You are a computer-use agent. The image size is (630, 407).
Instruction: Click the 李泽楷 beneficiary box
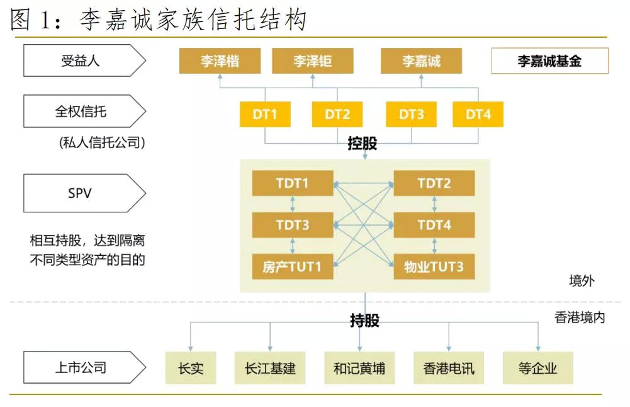pos(220,62)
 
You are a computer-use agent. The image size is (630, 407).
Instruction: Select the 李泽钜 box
pos(312,62)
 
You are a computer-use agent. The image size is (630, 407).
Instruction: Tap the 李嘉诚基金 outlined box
pos(549,62)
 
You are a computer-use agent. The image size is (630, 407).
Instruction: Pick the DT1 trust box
pos(265,115)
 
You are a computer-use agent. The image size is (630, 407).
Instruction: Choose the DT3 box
pos(412,115)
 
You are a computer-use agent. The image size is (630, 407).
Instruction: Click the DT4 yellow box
pos(478,115)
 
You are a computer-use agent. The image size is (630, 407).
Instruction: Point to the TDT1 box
pos(292,183)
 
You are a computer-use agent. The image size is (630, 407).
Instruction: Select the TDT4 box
pos(434,225)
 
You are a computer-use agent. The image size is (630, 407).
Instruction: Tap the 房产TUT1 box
pos(292,267)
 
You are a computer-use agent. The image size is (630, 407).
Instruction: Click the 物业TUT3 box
pos(434,267)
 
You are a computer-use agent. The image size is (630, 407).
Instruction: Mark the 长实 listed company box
pos(191,368)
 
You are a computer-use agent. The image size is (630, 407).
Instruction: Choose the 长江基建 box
pos(270,368)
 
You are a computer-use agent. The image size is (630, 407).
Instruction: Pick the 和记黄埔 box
pos(359,368)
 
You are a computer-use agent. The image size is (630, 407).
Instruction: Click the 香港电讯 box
pos(449,368)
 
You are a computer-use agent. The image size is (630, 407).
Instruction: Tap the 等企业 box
pos(538,368)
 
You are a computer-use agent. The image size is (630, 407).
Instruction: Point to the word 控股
pos(363,144)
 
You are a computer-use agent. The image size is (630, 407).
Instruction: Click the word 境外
pos(581,282)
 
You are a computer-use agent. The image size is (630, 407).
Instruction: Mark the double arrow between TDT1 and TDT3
pos(292,204)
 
